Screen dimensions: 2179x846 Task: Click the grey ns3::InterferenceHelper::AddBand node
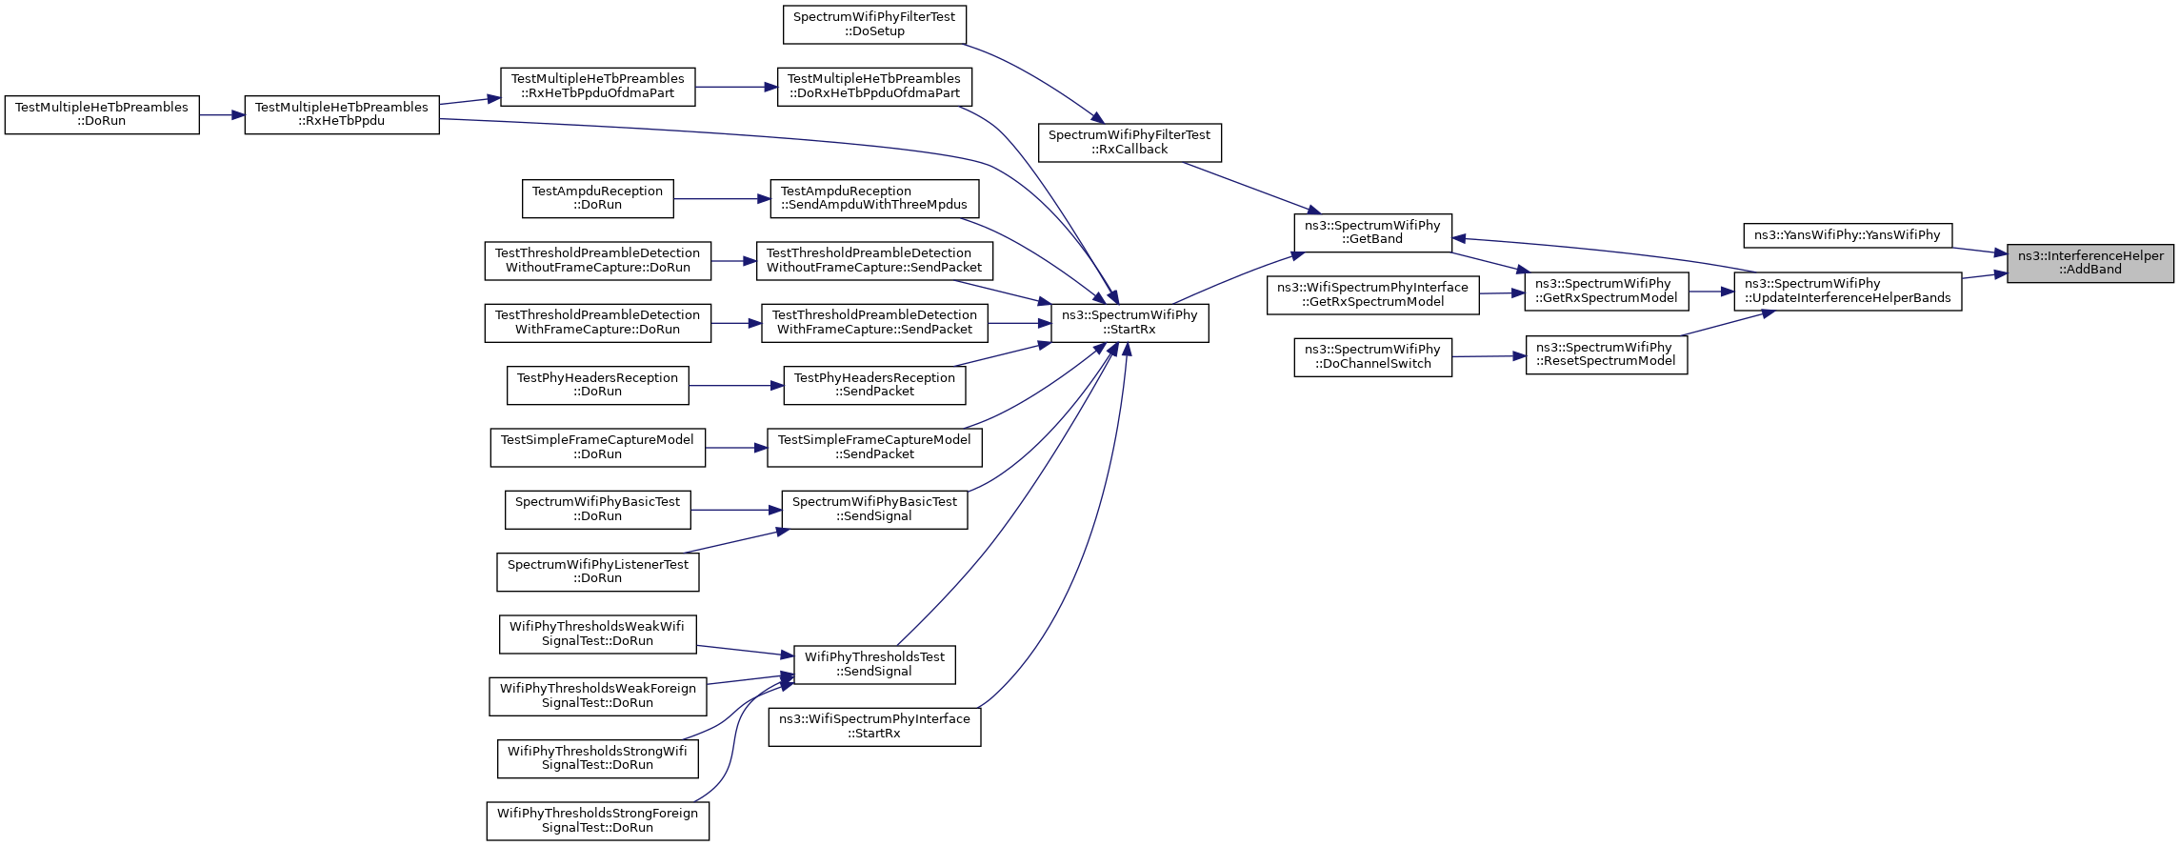point(2090,263)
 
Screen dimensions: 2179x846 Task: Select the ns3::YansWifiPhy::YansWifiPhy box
point(1848,235)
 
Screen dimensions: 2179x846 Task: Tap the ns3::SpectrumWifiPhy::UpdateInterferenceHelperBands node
point(1848,292)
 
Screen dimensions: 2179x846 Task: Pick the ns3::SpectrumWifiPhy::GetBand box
point(1372,232)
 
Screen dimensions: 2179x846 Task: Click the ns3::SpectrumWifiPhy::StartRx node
point(1129,323)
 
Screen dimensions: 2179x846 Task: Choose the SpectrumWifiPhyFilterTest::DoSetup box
point(874,25)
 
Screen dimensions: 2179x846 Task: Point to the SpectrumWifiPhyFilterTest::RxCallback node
point(1129,143)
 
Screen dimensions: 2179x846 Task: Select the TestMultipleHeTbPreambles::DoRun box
point(102,115)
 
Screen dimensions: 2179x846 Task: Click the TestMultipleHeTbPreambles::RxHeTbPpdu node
point(342,115)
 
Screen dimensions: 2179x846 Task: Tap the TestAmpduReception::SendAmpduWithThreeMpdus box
point(874,198)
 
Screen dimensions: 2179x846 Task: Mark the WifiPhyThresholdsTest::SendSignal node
point(874,664)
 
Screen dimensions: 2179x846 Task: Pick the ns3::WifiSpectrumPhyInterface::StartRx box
point(874,727)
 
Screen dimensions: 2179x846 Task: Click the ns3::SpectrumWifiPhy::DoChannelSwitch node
point(1372,357)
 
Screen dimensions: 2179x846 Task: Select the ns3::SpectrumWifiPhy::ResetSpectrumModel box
point(1607,355)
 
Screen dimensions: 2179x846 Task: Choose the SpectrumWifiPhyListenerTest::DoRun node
point(598,572)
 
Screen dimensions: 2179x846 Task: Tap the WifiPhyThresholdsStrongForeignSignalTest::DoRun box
point(598,820)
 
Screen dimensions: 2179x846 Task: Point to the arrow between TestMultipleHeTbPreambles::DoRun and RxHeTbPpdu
point(222,115)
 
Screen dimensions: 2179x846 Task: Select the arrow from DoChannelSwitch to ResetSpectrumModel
point(1489,356)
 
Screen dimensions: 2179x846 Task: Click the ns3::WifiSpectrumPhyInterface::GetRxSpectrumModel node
point(1372,294)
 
